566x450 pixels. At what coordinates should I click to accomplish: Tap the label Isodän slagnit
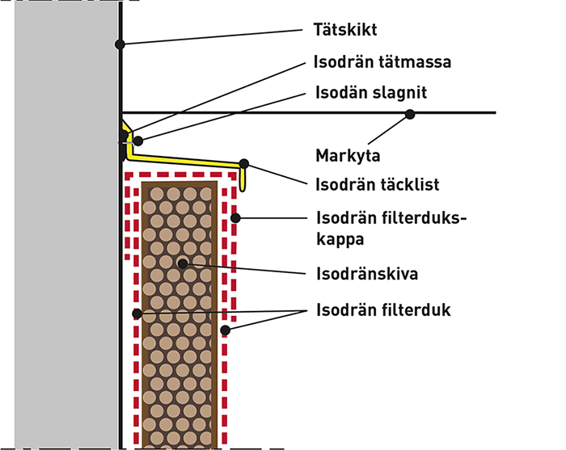click(x=370, y=93)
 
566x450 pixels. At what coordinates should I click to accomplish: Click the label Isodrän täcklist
click(x=377, y=184)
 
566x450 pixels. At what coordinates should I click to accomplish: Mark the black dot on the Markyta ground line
click(x=410, y=114)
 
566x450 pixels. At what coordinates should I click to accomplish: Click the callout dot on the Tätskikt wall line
click(x=120, y=44)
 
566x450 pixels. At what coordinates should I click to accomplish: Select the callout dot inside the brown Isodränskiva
click(x=184, y=263)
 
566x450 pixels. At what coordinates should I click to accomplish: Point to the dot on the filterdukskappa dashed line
click(x=234, y=217)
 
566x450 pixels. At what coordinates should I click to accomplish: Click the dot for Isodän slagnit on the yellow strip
click(x=138, y=141)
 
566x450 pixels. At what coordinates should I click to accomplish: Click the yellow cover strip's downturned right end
click(x=245, y=179)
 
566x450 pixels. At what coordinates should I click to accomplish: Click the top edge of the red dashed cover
click(x=182, y=173)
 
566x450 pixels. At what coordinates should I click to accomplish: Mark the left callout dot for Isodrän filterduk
click(x=137, y=313)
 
